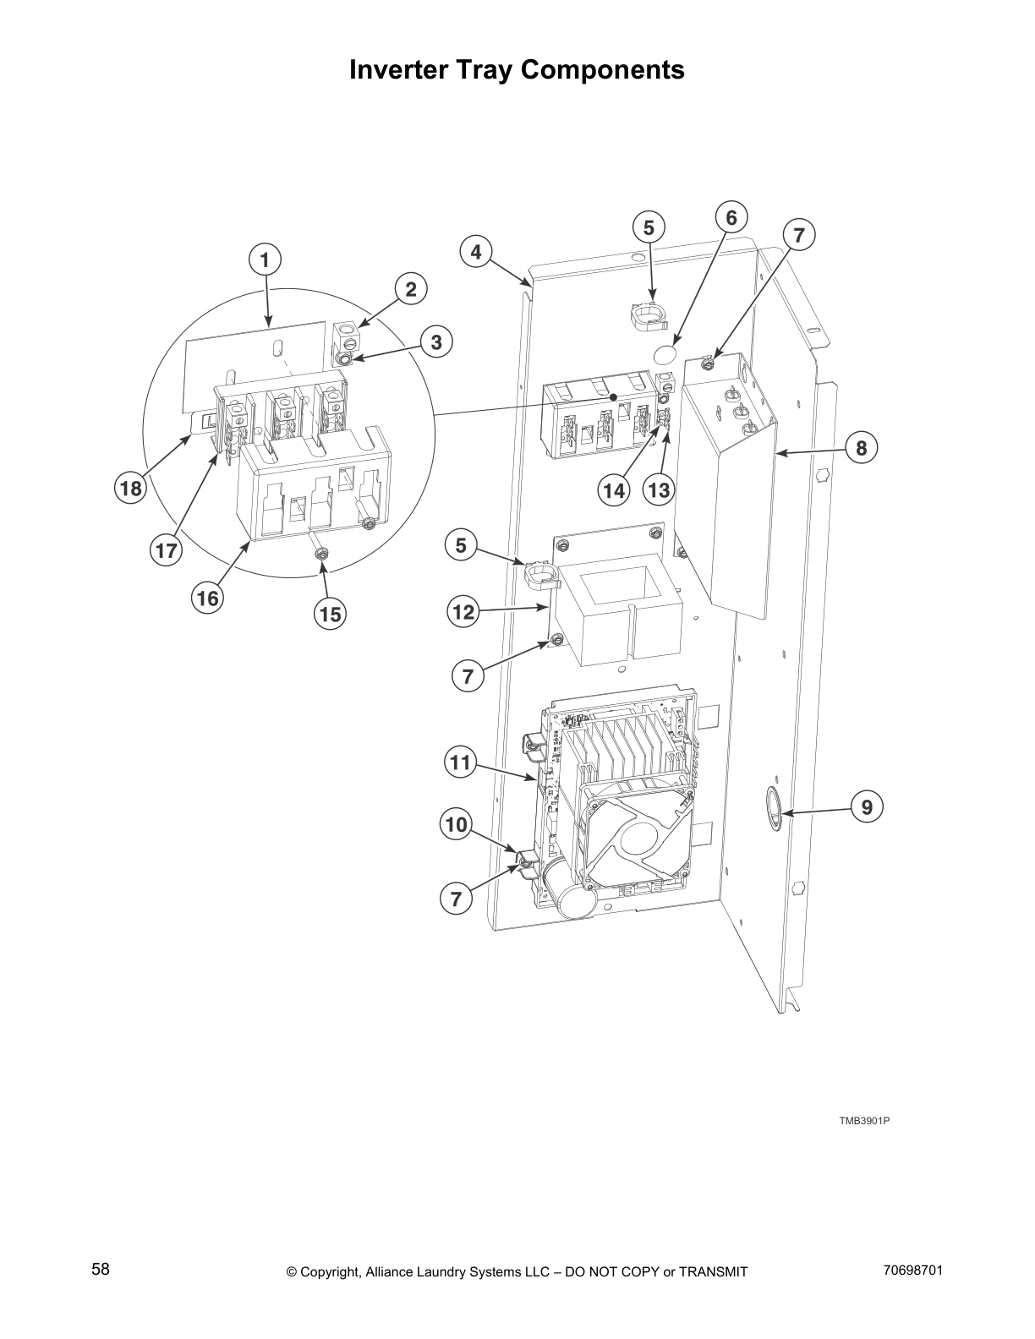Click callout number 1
pyautogui.click(x=265, y=260)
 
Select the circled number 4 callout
pyautogui.click(x=476, y=251)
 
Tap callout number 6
pyautogui.click(x=731, y=218)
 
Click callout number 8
pyautogui.click(x=861, y=447)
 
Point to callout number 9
pyautogui.click(x=867, y=807)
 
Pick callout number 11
pyautogui.click(x=459, y=763)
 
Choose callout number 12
pyautogui.click(x=463, y=611)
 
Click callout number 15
pyautogui.click(x=331, y=614)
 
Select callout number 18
pyautogui.click(x=131, y=488)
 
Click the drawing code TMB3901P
pyautogui.click(x=863, y=1121)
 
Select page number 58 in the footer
pyautogui.click(x=101, y=1269)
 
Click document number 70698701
pyautogui.click(x=912, y=1271)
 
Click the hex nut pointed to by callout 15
pyautogui.click(x=320, y=553)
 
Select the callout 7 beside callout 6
pyautogui.click(x=799, y=235)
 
